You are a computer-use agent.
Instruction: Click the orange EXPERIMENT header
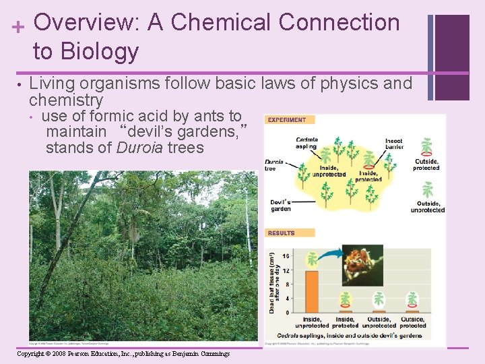[x=288, y=120]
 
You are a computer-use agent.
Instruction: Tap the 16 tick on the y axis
[x=286, y=256]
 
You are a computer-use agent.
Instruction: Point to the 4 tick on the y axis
[x=288, y=299]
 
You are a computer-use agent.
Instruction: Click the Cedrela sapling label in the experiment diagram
[x=306, y=144]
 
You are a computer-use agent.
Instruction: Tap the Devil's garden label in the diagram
[x=280, y=206]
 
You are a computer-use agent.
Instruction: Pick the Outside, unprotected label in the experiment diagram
[x=428, y=206]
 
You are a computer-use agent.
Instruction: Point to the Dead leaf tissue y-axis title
[x=273, y=282]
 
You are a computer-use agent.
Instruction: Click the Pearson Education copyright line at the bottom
[x=123, y=354]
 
